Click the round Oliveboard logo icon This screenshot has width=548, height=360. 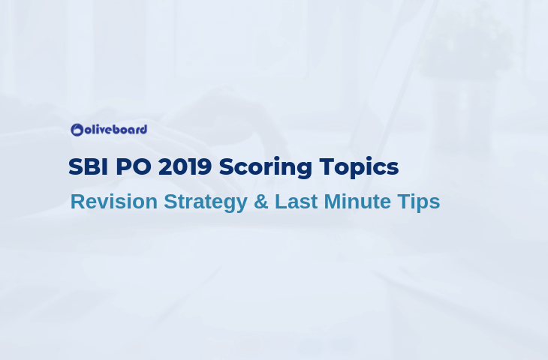point(77,130)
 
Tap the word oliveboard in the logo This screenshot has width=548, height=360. point(116,130)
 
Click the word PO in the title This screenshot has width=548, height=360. point(134,166)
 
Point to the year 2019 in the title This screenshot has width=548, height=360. point(185,166)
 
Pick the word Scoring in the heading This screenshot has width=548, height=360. point(265,168)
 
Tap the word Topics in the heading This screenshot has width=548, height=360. point(359,168)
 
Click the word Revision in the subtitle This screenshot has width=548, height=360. point(114,202)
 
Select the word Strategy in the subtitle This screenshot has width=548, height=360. point(206,202)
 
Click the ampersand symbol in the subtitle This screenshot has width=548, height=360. point(261,202)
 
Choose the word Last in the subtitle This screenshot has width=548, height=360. point(297,202)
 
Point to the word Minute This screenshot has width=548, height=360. point(357,202)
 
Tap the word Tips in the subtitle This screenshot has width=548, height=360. point(419,202)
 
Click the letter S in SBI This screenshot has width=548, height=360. point(75,166)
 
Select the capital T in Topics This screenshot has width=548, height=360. point(327,166)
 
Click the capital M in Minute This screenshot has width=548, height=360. point(333,202)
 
